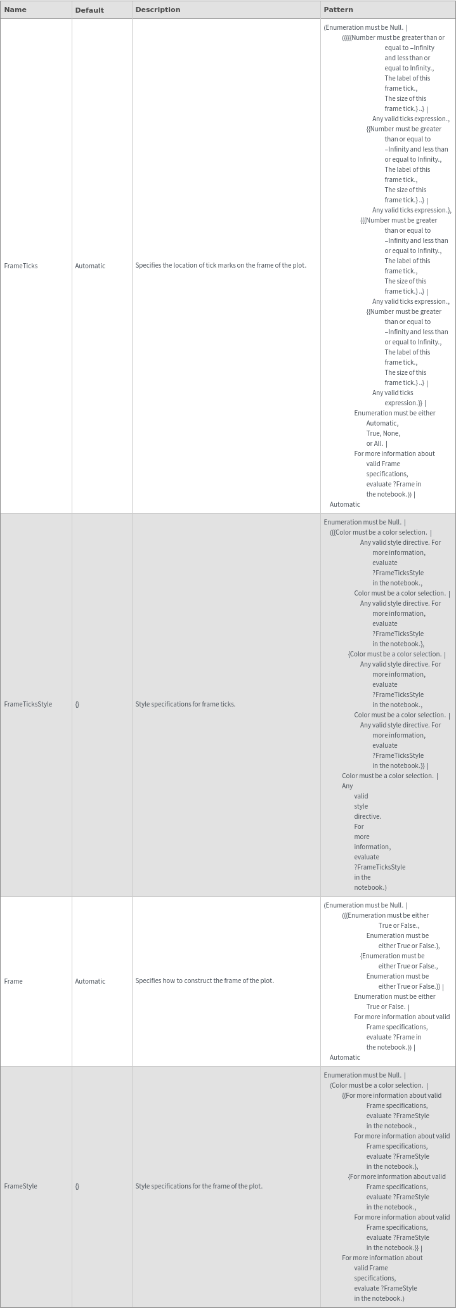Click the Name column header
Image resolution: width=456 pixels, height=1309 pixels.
coord(15,10)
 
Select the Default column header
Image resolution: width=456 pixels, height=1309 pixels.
coord(89,10)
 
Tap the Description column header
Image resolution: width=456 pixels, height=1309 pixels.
coord(157,10)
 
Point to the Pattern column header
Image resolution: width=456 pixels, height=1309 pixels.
coord(338,10)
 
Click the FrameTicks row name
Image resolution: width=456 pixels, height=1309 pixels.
coord(21,266)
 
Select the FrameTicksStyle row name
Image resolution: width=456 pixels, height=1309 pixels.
coord(28,704)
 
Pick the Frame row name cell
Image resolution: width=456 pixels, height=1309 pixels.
coord(13,981)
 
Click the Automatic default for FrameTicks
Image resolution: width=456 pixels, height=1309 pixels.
coord(90,266)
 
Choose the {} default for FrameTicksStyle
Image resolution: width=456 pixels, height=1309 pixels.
coord(77,704)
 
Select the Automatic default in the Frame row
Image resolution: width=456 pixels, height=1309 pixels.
coord(90,981)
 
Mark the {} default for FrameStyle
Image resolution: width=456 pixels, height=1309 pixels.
coord(77,1186)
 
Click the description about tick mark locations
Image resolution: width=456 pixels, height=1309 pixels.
coord(221,265)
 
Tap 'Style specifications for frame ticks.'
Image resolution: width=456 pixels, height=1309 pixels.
coord(185,704)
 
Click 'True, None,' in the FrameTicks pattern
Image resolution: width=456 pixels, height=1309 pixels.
coord(383,433)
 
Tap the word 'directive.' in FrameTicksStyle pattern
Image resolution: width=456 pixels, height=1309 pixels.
coord(367,816)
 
